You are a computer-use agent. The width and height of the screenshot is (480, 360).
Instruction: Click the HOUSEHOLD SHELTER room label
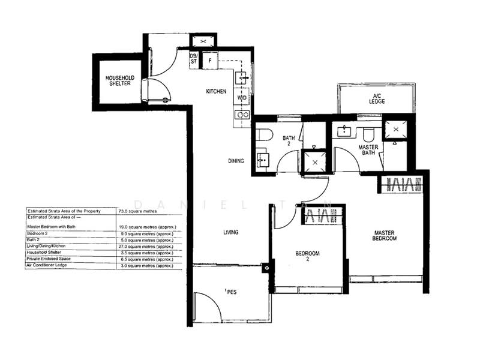pos(120,81)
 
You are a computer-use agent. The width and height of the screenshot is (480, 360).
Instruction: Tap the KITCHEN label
pos(216,91)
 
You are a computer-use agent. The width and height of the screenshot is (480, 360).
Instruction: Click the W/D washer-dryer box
pos(242,97)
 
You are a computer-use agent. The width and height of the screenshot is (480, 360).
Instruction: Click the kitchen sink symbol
pos(242,77)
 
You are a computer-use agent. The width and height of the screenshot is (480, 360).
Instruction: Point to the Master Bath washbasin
pos(344,130)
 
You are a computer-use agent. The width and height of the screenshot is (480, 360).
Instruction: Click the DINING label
pos(236,161)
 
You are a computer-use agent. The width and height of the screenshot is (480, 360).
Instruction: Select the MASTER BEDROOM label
pos(385,236)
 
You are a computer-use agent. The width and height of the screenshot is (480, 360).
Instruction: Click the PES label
pos(231,293)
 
